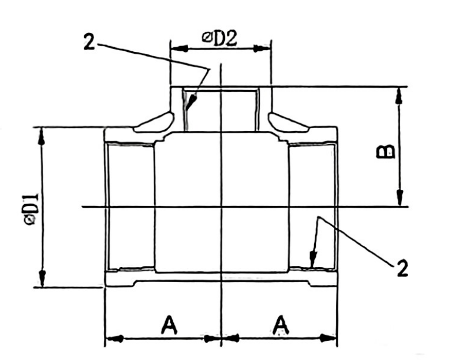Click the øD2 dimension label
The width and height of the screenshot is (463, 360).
pyautogui.click(x=220, y=37)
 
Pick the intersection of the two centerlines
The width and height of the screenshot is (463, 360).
pyautogui.click(x=221, y=207)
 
